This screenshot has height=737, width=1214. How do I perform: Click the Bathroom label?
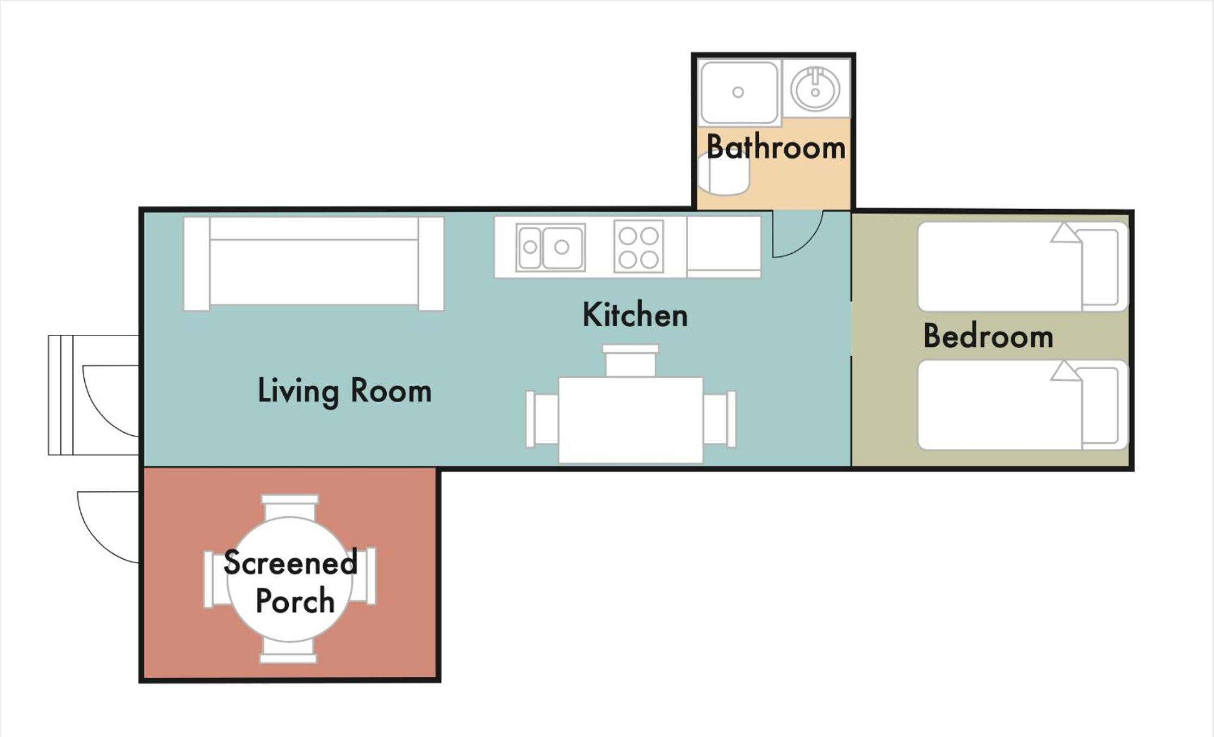[x=776, y=147]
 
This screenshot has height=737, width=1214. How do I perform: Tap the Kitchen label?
[x=635, y=315]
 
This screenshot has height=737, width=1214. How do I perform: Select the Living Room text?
[x=345, y=391]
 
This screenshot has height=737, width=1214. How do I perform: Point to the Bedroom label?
[x=988, y=336]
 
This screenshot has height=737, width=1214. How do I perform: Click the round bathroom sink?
[x=815, y=89]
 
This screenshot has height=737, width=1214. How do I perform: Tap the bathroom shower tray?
[x=739, y=92]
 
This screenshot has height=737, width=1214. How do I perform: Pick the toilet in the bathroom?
[x=723, y=173]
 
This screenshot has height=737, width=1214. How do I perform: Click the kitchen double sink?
[x=550, y=247]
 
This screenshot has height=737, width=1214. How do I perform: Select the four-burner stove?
[x=639, y=246]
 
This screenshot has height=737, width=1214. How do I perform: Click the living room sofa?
[x=314, y=264]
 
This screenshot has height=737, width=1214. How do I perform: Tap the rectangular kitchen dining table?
[x=630, y=420]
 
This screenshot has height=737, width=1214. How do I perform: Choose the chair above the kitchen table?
[x=630, y=360]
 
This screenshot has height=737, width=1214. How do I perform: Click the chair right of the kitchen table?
[x=720, y=419]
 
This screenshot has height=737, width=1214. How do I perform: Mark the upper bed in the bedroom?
[x=1023, y=266]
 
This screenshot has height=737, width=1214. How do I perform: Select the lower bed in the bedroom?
[x=1023, y=405]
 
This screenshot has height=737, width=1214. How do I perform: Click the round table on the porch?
[x=290, y=579]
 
